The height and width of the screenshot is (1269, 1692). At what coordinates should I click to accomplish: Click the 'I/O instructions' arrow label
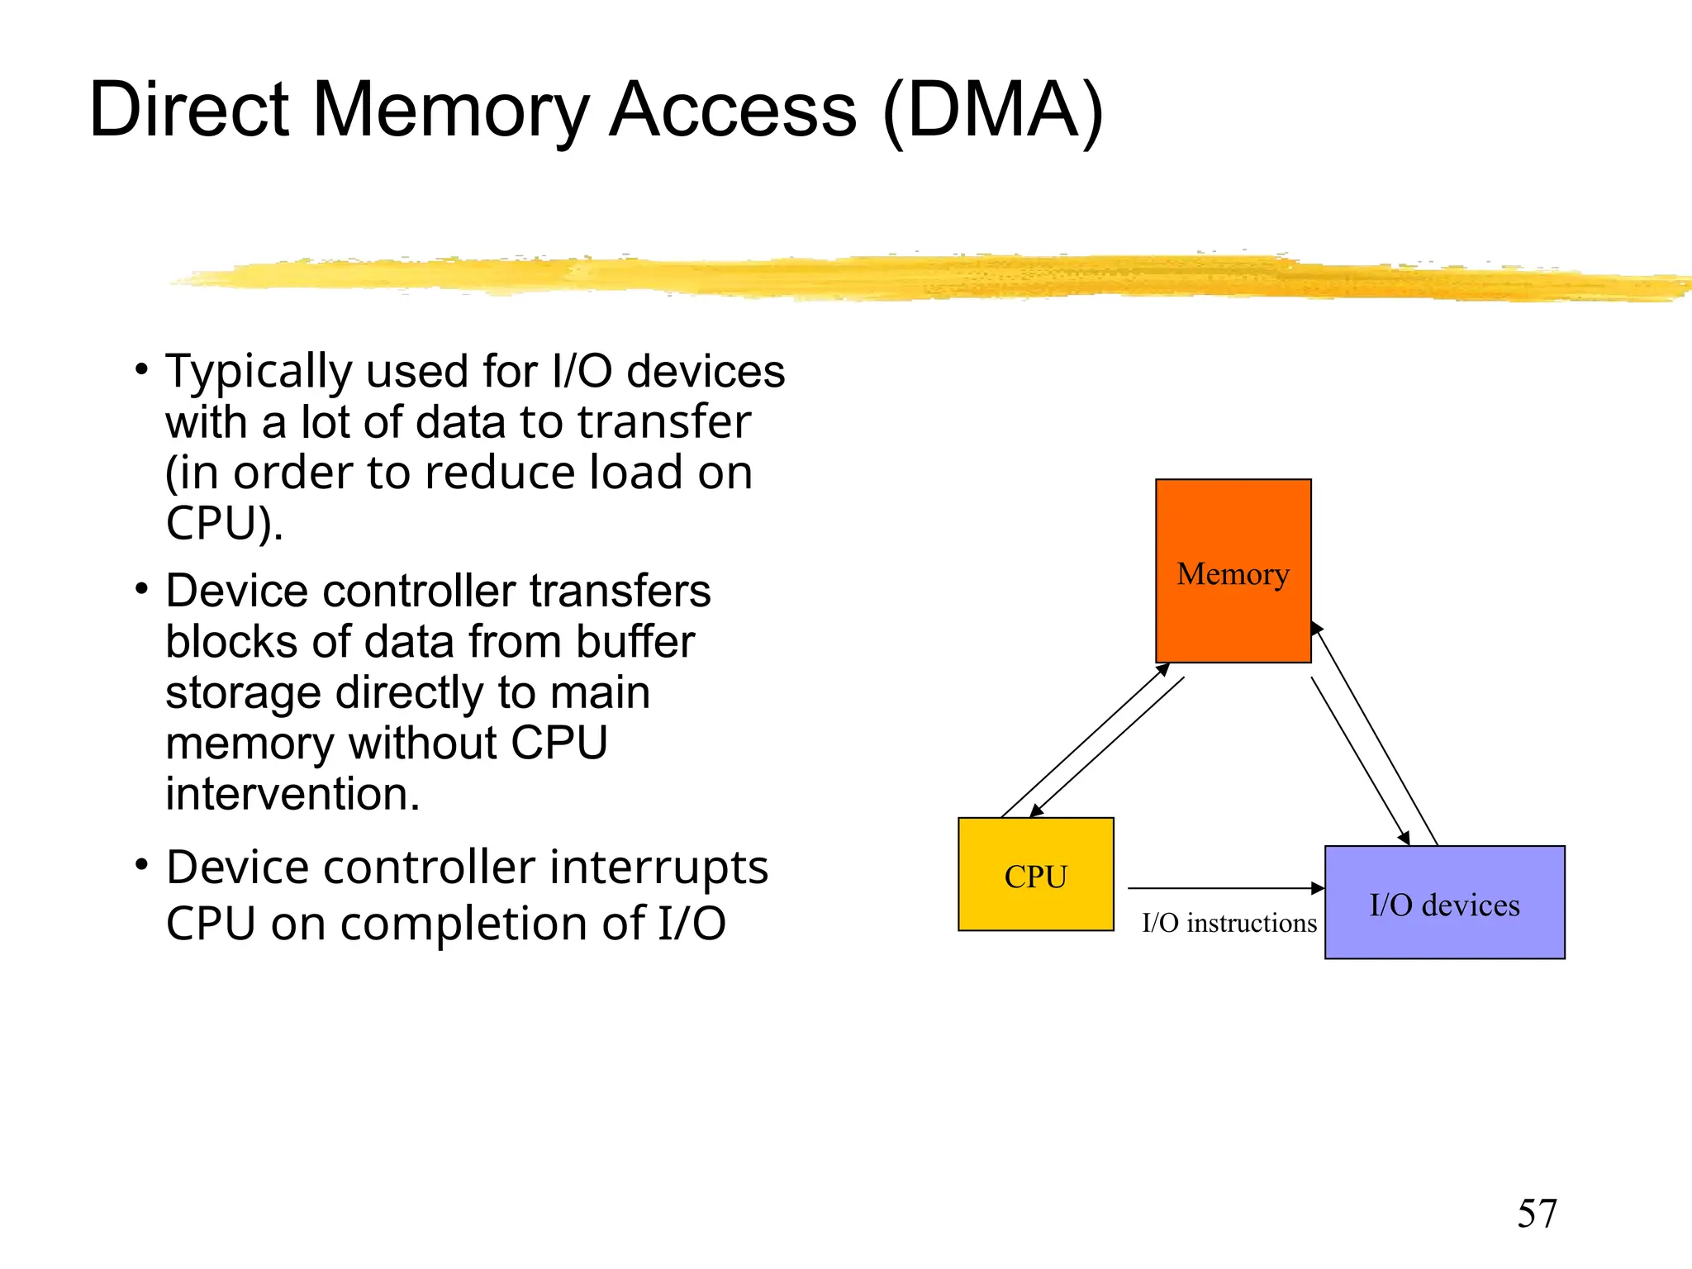tap(1229, 923)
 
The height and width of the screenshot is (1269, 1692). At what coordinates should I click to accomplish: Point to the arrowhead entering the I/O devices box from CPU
tap(1319, 888)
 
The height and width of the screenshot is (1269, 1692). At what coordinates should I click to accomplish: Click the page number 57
tap(1536, 1214)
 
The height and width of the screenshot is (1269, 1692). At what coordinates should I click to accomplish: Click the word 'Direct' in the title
tap(188, 110)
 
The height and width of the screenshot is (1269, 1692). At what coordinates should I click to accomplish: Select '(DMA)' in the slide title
tap(992, 110)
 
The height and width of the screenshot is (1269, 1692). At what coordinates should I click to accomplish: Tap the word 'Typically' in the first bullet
tap(258, 372)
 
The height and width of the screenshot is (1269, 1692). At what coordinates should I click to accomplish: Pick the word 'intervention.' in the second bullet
tap(292, 794)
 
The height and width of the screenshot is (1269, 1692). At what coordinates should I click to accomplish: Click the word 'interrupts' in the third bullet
tap(658, 867)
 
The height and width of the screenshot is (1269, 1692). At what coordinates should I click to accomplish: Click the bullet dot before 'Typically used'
tap(142, 368)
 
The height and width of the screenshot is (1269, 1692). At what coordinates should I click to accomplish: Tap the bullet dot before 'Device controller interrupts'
tap(142, 865)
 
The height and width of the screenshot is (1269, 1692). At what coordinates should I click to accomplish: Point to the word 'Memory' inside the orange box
tap(1233, 573)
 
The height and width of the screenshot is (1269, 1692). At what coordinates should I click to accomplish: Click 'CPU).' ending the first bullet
tap(224, 524)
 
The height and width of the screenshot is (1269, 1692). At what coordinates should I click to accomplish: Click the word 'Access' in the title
tap(733, 110)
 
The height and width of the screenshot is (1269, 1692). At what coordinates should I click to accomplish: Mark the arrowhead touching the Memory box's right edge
tap(1316, 628)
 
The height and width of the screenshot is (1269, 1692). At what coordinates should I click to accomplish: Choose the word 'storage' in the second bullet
tap(242, 692)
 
